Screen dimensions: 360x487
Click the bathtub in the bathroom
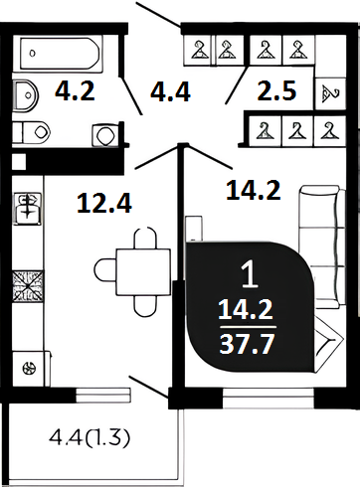pos(60,54)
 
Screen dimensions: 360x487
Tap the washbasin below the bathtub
pos(26,95)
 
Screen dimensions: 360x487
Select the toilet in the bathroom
pos(32,132)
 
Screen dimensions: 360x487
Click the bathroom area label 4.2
pos(75,91)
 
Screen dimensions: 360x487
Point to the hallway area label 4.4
pos(170,91)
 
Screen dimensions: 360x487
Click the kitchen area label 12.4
pos(104,203)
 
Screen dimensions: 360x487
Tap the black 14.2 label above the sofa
pos(254,191)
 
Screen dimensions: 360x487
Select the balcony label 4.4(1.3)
pos(90,438)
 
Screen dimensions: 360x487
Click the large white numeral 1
pos(250,273)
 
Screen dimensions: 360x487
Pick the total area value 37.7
pos(247,344)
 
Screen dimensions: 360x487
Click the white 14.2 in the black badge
pos(246,309)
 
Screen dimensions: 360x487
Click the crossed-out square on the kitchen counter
pos(28,286)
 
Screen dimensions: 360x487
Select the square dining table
pos(143,272)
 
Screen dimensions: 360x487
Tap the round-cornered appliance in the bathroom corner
pos(105,135)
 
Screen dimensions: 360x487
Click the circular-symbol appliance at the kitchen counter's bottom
pos(29,368)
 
